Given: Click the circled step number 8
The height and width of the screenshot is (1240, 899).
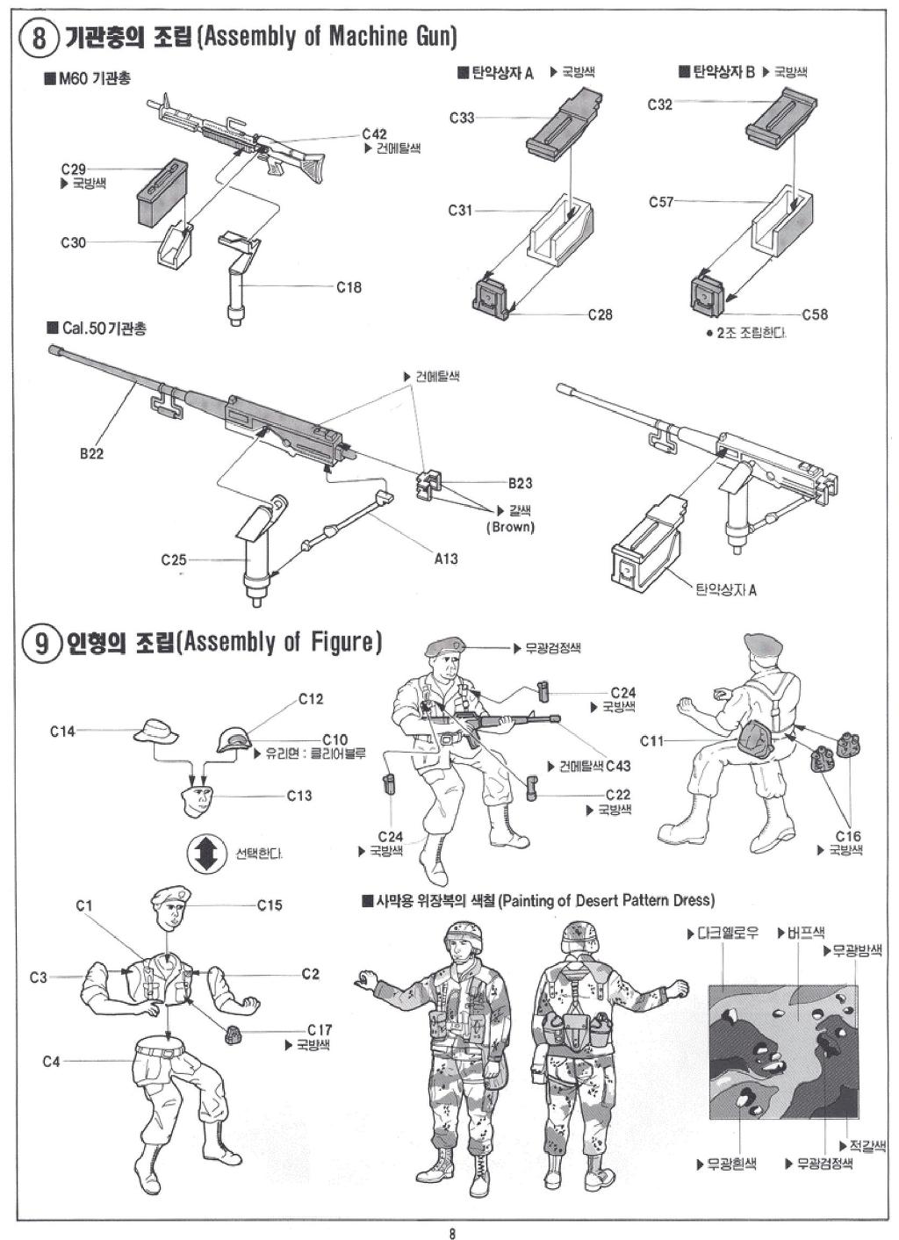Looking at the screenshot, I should [39, 38].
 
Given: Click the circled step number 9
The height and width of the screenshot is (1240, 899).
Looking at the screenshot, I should [39, 645].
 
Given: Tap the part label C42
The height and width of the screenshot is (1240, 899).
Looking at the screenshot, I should [374, 134].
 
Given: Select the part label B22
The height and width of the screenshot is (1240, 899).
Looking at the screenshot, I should [91, 454].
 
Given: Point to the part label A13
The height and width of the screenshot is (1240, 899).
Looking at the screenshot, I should [445, 559].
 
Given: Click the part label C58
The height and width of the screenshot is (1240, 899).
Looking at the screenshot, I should [814, 314].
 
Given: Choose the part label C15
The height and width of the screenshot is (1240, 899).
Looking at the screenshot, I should [270, 905].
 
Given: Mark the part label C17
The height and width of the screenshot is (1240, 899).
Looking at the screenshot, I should [320, 1030].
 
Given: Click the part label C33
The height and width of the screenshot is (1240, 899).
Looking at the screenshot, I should [462, 117].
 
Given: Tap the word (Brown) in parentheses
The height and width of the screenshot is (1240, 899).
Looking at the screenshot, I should [510, 527].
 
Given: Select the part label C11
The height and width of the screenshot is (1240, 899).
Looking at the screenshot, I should [651, 741].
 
